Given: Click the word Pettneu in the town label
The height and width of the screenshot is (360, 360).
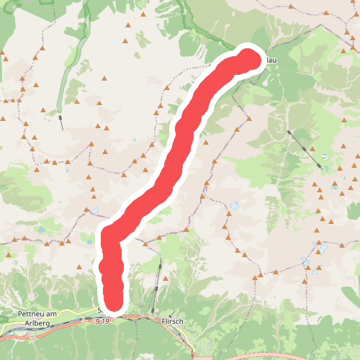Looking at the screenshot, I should pyautogui.click(x=35, y=314).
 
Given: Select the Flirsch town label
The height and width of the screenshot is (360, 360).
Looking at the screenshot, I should pyautogui.click(x=174, y=322).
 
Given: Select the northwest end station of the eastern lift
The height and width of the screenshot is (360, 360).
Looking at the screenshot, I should pyautogui.click(x=288, y=132).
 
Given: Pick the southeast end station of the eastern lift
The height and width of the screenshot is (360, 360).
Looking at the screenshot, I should pyautogui.click(x=320, y=166).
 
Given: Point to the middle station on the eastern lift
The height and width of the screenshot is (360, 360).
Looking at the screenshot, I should pyautogui.click(x=305, y=149).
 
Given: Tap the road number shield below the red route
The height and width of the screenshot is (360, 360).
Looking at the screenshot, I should pyautogui.click(x=102, y=321).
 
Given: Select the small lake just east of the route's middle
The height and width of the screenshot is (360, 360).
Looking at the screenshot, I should pyautogui.click(x=235, y=206).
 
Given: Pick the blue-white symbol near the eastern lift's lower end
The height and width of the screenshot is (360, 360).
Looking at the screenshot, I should pyautogui.click(x=325, y=156).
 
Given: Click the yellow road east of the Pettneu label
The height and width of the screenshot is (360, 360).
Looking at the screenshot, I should pyautogui.click(x=72, y=315).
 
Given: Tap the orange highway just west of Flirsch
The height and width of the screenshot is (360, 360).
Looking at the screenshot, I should pyautogui.click(x=140, y=316).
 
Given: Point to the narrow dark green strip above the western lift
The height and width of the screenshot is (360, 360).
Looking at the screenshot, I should pyautogui.click(x=70, y=72).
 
